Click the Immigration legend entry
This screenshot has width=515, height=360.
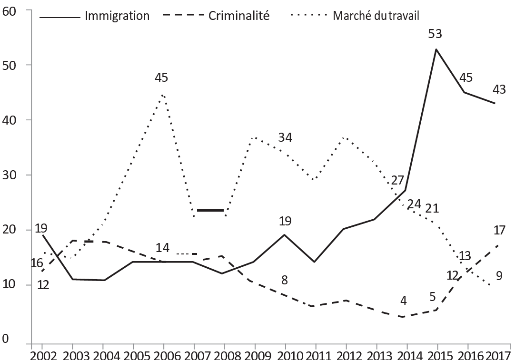pyautogui.click(x=94, y=16)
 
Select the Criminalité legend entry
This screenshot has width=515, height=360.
pyautogui.click(x=216, y=16)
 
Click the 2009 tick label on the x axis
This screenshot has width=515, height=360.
pyautogui.click(x=255, y=355)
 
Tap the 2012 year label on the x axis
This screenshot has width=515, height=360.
pyautogui.click(x=346, y=355)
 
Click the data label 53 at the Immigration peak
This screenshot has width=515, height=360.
pyautogui.click(x=435, y=34)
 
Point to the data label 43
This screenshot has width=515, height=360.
pyautogui.click(x=499, y=89)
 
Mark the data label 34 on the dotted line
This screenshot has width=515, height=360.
pyautogui.click(x=285, y=137)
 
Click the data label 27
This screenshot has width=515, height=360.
pyautogui.click(x=398, y=181)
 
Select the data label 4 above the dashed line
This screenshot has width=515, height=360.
pyautogui.click(x=403, y=301)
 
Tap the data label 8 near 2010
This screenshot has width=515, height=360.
pyautogui.click(x=285, y=280)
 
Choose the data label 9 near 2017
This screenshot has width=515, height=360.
pyautogui.click(x=499, y=276)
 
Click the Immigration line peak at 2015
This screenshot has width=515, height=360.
pyautogui.click(x=436, y=49)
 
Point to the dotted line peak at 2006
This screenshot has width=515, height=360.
pyautogui.click(x=163, y=95)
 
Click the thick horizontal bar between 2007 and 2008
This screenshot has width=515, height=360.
pyautogui.click(x=210, y=210)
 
